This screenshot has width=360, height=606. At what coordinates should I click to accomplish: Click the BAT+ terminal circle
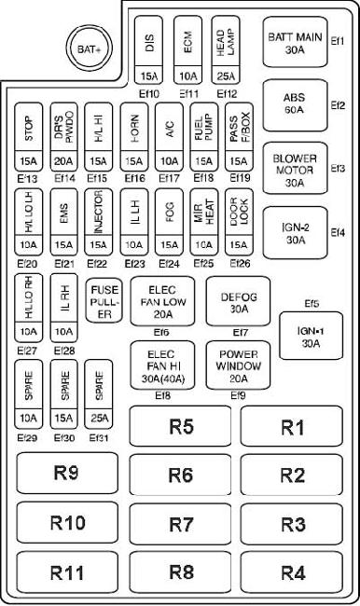89,49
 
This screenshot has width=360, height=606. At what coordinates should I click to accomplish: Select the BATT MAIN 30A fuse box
295,42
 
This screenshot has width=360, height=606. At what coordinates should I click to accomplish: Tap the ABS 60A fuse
295,105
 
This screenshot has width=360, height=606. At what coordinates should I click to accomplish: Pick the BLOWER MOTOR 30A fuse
295,169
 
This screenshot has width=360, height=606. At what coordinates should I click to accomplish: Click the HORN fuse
134,137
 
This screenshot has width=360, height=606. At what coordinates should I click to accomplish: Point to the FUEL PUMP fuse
203,137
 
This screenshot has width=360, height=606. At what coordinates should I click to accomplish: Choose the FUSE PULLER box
104,300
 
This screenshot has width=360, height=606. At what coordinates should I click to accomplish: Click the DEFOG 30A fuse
238,301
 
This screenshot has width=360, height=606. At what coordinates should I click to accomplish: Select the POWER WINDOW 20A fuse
238,365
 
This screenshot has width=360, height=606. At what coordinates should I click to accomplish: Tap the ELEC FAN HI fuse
162,365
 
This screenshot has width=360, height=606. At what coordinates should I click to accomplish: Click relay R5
181,426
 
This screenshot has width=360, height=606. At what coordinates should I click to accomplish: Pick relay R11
67,572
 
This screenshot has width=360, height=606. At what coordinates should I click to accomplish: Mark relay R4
292,572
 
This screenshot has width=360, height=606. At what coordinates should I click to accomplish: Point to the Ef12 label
227,94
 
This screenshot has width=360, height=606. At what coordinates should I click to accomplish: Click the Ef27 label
27,351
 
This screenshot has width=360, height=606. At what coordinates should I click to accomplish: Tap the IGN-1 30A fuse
311,336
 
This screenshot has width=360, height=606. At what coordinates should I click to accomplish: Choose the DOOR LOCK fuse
239,222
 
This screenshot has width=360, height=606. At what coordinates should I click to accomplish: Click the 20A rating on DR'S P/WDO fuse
63,161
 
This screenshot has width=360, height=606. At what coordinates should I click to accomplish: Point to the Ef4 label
338,233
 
